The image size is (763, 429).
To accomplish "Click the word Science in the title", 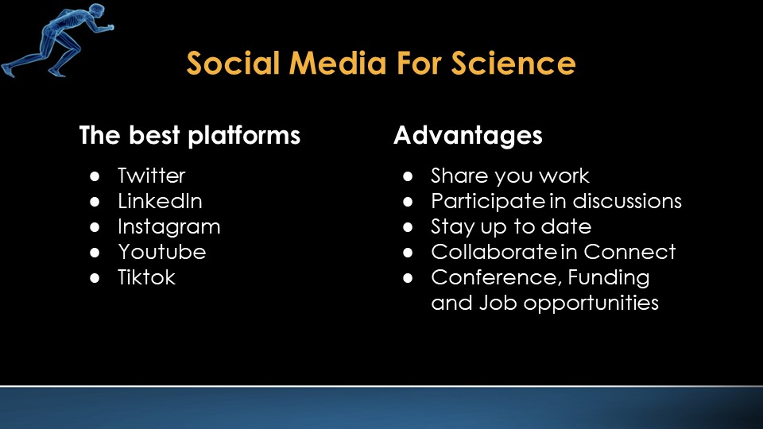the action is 513,64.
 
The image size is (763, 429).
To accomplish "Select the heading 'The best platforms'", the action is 190,135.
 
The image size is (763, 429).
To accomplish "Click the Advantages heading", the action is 467,136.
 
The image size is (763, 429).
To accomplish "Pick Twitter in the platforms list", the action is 151,176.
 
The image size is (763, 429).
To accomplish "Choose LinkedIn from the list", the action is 160,201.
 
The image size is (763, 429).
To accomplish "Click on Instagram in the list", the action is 168,227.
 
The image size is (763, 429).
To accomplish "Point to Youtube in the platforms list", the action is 162,252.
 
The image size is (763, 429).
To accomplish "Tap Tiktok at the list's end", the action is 146,277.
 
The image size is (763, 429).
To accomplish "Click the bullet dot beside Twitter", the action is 95,176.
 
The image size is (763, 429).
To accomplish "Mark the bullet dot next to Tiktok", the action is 95,278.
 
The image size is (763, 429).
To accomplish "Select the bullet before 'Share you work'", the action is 408,176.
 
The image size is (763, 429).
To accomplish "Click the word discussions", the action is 627,201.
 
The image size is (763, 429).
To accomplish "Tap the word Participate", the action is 488,202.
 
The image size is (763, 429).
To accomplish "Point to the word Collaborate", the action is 494,252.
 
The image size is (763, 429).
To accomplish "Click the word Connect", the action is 629,252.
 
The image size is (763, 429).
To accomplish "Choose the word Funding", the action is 609,278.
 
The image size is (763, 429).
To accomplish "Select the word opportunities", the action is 591,303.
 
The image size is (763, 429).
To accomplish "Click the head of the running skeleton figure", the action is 97,10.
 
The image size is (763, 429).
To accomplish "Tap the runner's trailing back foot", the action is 8,70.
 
